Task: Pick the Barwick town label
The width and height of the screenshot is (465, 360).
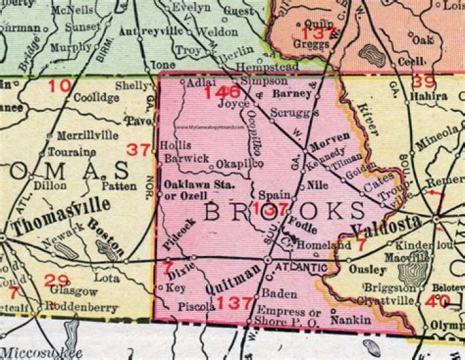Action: tap(186, 157)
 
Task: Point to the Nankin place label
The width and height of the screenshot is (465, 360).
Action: tap(351, 319)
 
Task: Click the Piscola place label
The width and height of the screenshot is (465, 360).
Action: tap(196, 307)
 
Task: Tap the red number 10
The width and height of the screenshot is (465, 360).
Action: tap(59, 85)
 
